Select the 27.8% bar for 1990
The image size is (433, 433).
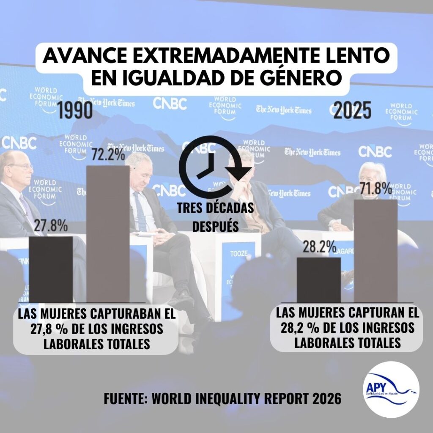coord(50,269)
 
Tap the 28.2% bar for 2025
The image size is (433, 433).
coord(318,280)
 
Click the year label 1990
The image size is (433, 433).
coord(75,110)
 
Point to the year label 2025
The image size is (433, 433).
coord(352,111)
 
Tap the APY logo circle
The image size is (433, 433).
coord(392,389)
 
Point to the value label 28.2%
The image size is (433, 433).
coord(319,247)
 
